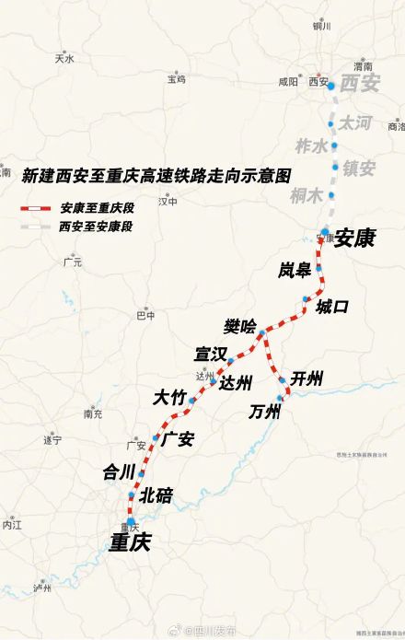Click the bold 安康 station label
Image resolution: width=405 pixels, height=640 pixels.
pos(354,238)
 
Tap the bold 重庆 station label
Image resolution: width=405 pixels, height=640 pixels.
pos(130,542)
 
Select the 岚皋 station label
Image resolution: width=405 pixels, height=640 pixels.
pos(295,269)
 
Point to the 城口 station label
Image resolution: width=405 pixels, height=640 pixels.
pos(332,306)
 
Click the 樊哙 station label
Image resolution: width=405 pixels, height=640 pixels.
pos(240,325)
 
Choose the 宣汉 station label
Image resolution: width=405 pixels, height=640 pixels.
pos(210,353)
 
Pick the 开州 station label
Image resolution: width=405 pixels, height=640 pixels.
pos(307,378)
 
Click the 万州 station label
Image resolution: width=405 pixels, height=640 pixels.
pos(264,412)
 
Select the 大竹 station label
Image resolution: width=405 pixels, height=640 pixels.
pos(169,397)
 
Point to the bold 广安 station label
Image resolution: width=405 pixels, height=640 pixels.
pos(178,438)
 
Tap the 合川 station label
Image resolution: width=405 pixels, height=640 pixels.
pos(119,471)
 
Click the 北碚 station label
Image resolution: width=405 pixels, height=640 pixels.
pos(156,495)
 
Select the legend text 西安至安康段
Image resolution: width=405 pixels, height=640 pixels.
pos(97,226)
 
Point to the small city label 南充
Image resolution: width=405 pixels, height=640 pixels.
pos(92,413)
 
